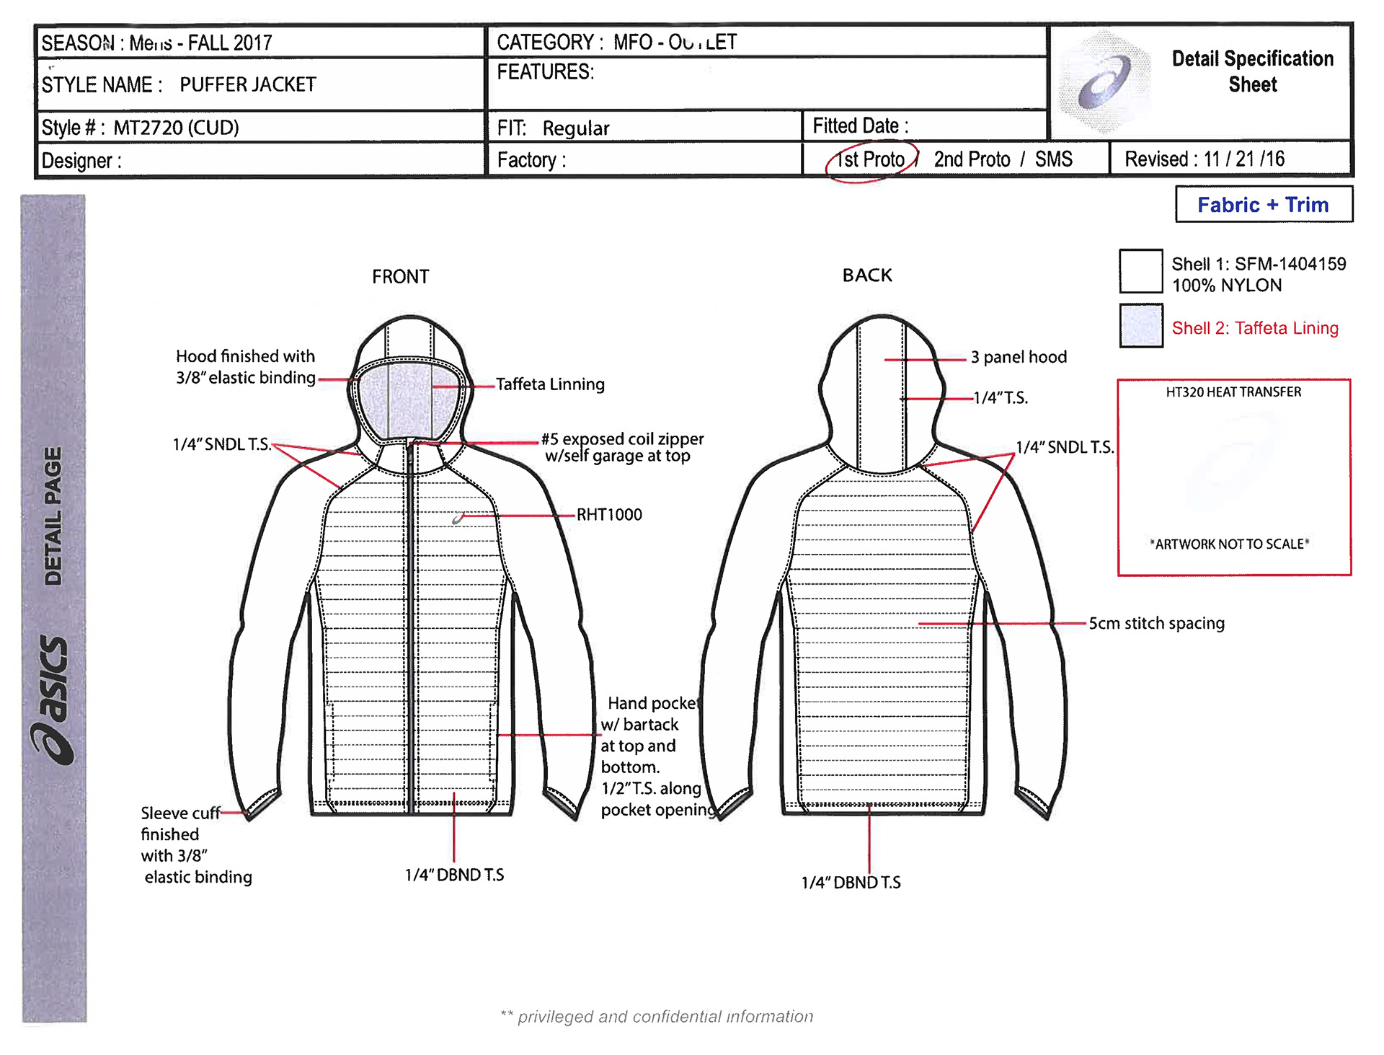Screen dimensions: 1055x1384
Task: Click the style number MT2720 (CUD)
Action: (176, 128)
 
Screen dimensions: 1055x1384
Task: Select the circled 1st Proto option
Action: (871, 159)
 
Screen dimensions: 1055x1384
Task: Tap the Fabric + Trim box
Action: (1263, 205)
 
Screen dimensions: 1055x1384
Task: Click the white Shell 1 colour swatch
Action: (1140, 271)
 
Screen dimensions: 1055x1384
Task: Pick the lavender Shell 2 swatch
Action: (1140, 326)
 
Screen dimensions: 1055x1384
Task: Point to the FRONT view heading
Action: (400, 277)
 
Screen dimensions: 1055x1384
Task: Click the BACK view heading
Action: (867, 275)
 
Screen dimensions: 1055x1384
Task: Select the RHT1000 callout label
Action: (609, 515)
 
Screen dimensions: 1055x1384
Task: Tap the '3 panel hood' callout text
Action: (1019, 357)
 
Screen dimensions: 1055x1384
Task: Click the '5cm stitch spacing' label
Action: (1156, 623)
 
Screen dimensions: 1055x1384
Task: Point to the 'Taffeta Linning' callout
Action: (550, 384)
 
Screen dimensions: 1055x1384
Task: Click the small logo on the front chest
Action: (458, 518)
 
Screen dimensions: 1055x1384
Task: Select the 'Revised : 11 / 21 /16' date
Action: (1205, 159)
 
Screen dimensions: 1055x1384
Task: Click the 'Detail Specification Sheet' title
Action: (1252, 71)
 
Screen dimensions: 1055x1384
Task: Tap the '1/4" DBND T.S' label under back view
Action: (851, 883)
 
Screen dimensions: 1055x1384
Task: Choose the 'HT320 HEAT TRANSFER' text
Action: (1233, 392)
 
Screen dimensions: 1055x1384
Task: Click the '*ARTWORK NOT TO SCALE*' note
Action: (1230, 544)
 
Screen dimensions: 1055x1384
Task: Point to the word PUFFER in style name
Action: (213, 84)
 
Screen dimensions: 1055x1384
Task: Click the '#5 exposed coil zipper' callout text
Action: (622, 439)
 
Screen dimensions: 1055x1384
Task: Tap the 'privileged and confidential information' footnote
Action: (657, 1017)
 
